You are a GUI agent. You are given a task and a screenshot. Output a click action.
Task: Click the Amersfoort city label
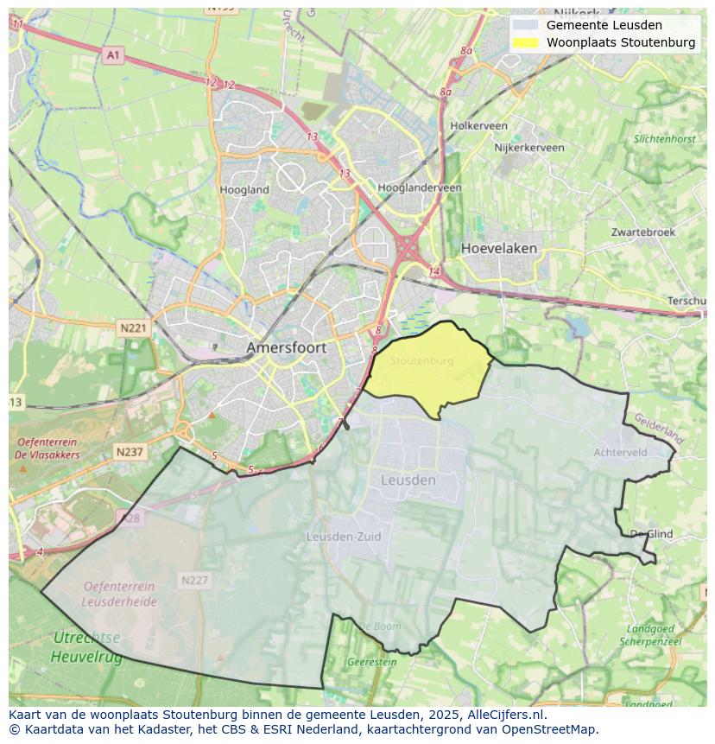tap(287, 347)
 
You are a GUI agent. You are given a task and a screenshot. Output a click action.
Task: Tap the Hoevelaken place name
tap(498, 248)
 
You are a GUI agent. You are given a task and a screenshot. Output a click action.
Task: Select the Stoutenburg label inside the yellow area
tap(421, 360)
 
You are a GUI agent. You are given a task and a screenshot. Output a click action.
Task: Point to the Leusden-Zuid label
tap(344, 537)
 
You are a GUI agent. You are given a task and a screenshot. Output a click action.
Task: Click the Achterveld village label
tap(620, 452)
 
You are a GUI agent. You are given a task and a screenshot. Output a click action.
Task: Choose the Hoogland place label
tap(244, 189)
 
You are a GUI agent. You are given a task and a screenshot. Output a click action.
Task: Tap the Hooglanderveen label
tap(420, 188)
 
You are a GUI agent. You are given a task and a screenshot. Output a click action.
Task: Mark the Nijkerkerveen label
tap(528, 148)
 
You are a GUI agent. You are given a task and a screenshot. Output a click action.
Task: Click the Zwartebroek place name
tap(642, 232)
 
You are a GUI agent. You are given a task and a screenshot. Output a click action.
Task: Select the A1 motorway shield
tap(113, 55)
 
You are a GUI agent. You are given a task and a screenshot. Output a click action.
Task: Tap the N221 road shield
tap(133, 328)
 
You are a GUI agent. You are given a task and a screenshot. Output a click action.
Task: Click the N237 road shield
tap(130, 451)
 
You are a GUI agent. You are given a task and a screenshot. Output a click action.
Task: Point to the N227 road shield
tap(195, 581)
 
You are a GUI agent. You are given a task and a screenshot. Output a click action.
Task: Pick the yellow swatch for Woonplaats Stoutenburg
tap(524, 42)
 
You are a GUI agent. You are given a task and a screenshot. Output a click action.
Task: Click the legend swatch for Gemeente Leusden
tap(524, 25)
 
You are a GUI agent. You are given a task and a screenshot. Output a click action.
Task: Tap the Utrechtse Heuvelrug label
tap(86, 646)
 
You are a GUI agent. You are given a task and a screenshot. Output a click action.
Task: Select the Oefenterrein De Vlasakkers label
tap(48, 448)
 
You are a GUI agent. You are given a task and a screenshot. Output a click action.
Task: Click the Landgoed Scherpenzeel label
tap(654, 635)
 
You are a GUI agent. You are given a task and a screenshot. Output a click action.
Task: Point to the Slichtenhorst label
tap(664, 138)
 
